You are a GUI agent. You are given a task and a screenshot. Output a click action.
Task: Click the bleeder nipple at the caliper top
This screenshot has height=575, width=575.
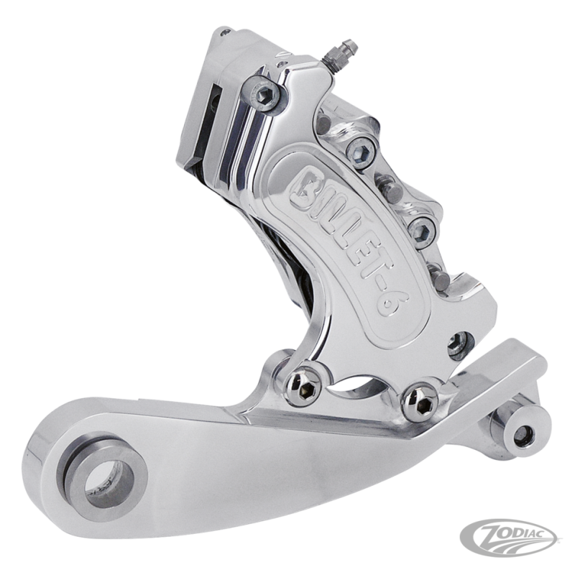[x=340, y=51]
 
